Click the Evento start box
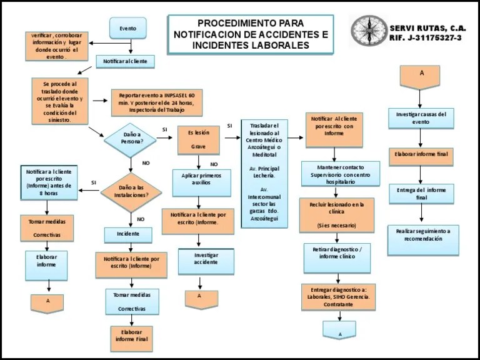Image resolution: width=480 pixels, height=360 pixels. tap(127, 27)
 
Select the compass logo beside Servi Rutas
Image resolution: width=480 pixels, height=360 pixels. tap(369, 31)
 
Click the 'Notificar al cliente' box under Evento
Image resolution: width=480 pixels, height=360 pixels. tap(125, 61)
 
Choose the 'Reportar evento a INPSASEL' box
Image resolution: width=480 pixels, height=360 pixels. tap(157, 102)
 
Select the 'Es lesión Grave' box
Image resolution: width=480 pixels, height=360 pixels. tap(199, 140)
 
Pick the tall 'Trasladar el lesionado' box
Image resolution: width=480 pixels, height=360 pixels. tap(264, 173)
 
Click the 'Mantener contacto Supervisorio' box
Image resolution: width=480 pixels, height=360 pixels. tap(340, 173)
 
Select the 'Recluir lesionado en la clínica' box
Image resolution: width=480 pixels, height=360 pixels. tap(337, 214)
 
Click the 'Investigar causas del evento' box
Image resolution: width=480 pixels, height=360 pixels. tap(421, 118)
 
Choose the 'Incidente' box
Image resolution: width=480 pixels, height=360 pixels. tap(127, 235)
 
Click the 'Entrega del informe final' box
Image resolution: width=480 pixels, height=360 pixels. tap(421, 194)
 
